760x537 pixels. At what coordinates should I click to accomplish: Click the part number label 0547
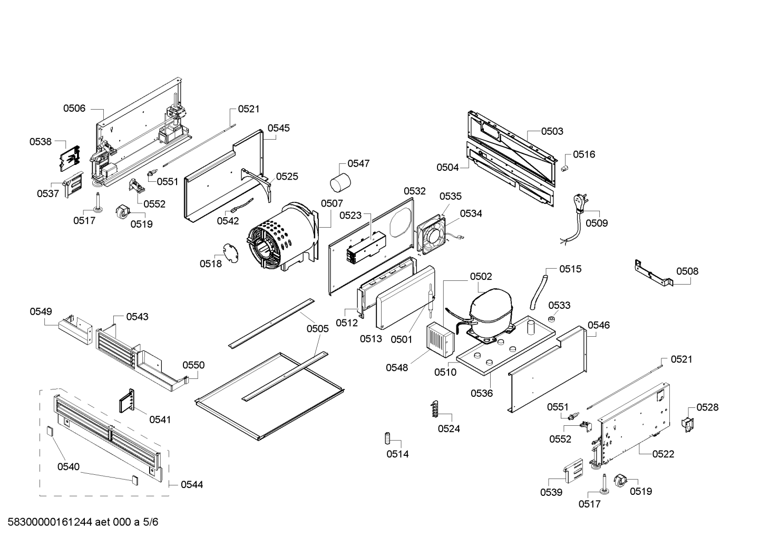coord(358,163)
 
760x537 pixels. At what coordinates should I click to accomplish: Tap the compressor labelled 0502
coord(490,311)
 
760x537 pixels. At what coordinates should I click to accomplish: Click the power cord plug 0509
coord(580,203)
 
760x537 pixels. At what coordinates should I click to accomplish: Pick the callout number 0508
coord(687,271)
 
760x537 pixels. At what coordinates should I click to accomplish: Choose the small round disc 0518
coord(229,252)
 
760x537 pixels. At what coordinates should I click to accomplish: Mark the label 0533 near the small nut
coord(559,305)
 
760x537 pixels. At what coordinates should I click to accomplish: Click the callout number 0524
coord(449,428)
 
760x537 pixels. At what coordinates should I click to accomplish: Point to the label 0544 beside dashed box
coord(192,484)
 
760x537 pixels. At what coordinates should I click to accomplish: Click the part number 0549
coord(41,311)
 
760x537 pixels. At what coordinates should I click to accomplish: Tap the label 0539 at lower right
coord(551,492)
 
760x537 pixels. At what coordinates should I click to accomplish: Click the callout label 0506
coord(74,108)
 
